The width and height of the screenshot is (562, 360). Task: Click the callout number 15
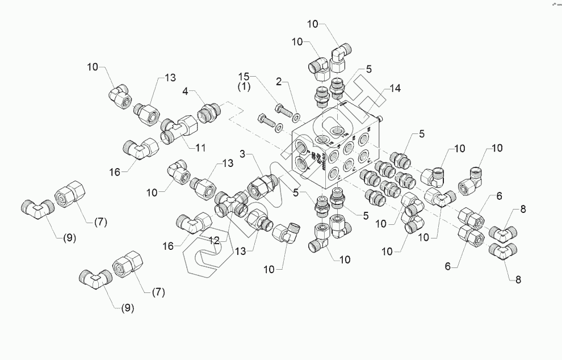(x=244, y=76)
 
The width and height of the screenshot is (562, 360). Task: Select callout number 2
(x=279, y=82)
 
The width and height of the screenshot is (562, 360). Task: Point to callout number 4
(x=185, y=91)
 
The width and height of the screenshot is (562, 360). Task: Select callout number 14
(x=395, y=88)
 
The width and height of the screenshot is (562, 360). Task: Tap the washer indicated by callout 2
(x=295, y=116)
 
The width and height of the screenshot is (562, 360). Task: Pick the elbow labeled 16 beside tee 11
(x=140, y=149)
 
